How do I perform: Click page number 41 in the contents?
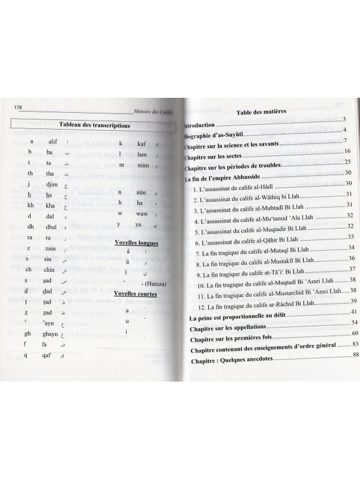point(354,312)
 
